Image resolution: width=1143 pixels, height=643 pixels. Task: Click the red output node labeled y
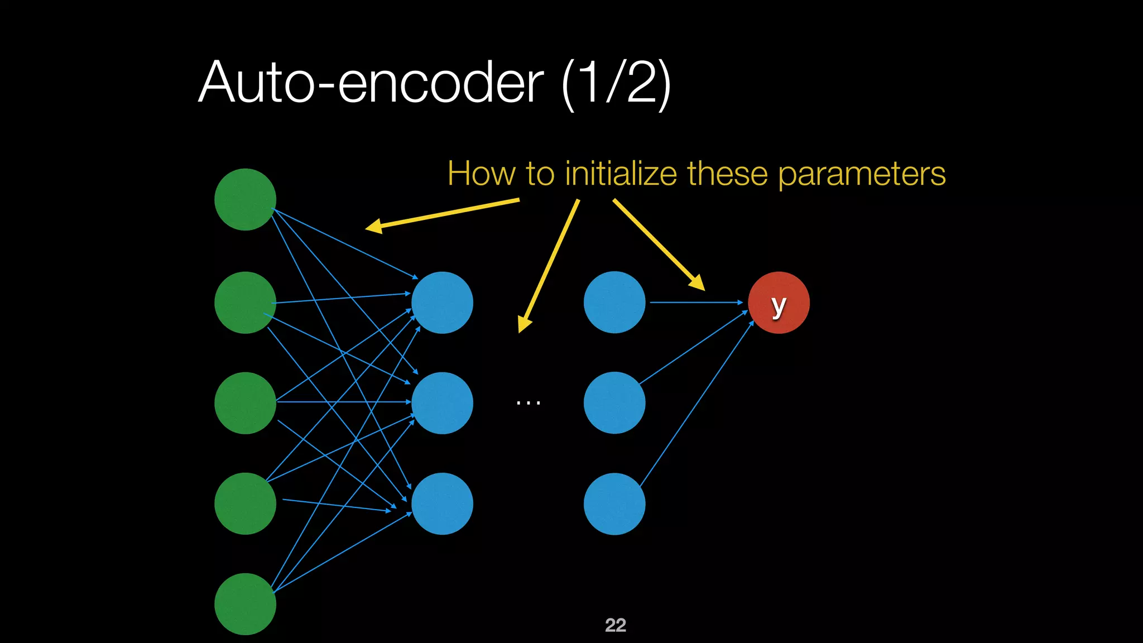click(x=779, y=303)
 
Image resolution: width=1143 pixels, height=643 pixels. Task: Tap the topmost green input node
click(x=245, y=199)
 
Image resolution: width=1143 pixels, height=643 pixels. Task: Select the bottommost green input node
click(x=245, y=604)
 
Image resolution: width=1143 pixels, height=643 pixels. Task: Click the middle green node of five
click(x=245, y=403)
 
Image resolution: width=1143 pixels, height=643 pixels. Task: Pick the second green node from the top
click(x=245, y=303)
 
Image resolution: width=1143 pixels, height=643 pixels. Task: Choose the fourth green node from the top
click(x=245, y=503)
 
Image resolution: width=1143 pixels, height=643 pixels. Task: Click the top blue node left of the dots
click(x=442, y=303)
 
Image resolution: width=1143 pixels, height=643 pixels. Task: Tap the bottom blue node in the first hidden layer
click(x=442, y=503)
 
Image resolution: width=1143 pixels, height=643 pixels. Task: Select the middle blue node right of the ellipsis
click(x=614, y=403)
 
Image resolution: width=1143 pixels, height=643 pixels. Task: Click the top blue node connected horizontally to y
click(x=614, y=303)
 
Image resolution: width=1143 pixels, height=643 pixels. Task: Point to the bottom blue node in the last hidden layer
click(x=614, y=503)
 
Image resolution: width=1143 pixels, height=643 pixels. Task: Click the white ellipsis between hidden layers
click(x=528, y=402)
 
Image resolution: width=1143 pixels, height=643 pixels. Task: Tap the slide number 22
click(x=615, y=625)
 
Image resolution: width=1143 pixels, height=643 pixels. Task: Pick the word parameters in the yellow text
click(x=862, y=175)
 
